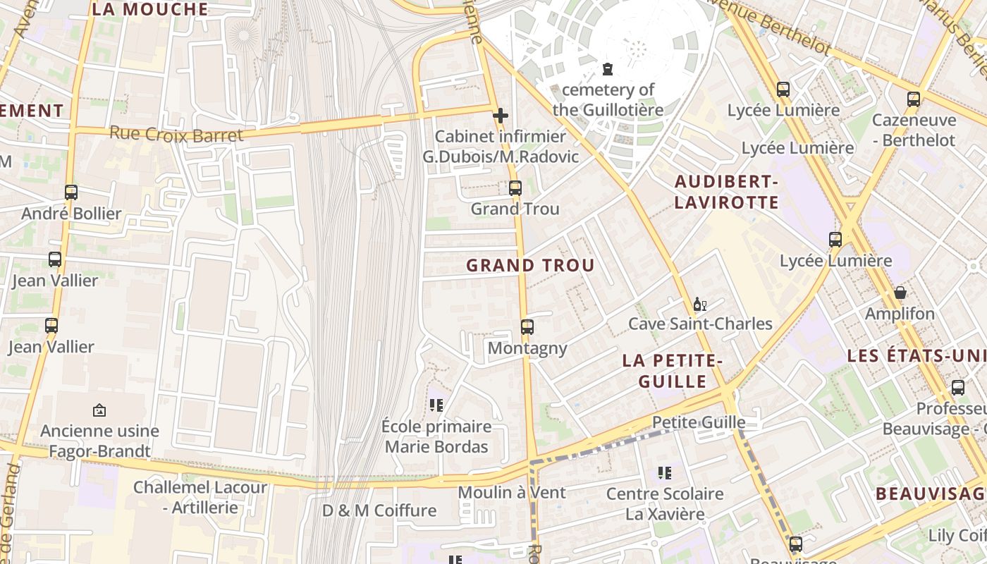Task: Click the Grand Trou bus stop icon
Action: tap(515, 188)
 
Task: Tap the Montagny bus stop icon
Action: tap(527, 327)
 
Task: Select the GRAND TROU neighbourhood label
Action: tap(530, 266)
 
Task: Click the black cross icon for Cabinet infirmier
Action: tap(501, 116)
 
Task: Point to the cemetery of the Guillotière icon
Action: tap(607, 69)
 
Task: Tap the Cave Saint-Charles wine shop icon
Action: tap(699, 305)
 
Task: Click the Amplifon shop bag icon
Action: tap(900, 293)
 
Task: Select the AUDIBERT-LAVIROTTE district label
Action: tap(726, 192)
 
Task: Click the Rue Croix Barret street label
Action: tap(176, 134)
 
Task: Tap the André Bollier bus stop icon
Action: tap(71, 192)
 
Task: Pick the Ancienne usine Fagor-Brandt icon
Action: tap(99, 410)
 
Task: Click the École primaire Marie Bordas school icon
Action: tap(436, 405)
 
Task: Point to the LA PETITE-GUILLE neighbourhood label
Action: tap(673, 372)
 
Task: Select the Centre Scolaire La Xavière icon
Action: tap(665, 473)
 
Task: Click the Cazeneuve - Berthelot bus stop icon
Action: tap(914, 99)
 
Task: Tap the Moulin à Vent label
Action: tap(512, 492)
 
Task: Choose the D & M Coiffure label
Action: tap(379, 510)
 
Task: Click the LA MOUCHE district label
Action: tap(150, 9)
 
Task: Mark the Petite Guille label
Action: tap(699, 422)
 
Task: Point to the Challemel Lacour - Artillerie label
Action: tap(200, 497)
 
